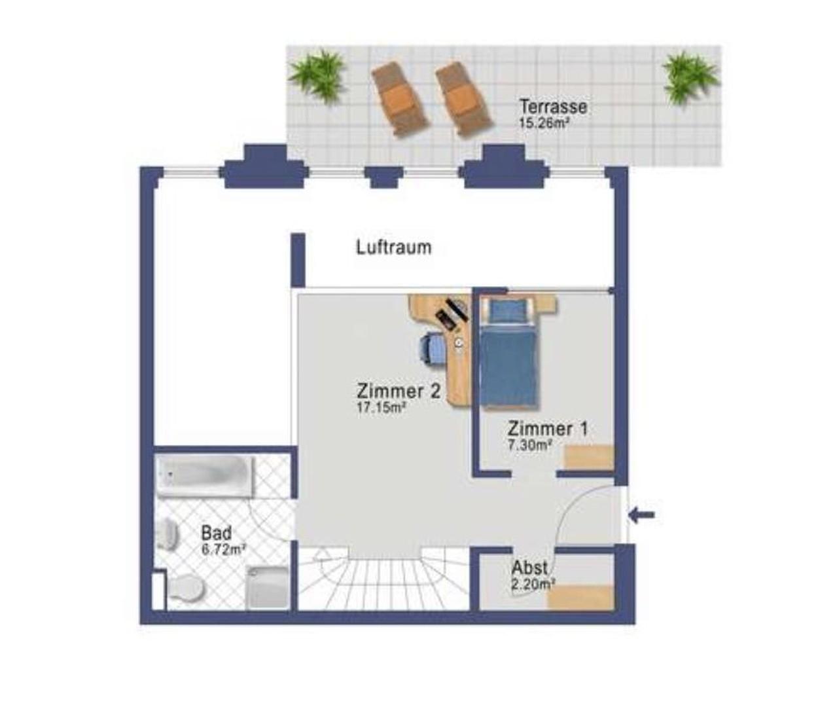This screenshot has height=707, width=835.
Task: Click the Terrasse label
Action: click(x=553, y=106)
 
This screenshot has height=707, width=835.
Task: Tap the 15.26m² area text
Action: click(x=542, y=123)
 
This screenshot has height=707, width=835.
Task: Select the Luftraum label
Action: click(x=394, y=247)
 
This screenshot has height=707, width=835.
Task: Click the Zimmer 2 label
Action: click(x=399, y=391)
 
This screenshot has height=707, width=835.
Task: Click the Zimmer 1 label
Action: click(x=548, y=429)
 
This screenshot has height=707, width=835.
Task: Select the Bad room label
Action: click(x=216, y=533)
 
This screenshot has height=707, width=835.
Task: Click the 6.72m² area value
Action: click(x=223, y=550)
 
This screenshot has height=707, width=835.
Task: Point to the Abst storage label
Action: click(x=529, y=567)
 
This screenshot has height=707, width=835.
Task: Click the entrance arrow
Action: click(x=641, y=515)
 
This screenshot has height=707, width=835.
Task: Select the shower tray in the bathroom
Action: click(x=267, y=587)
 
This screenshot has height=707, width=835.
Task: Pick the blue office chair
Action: click(x=431, y=348)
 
